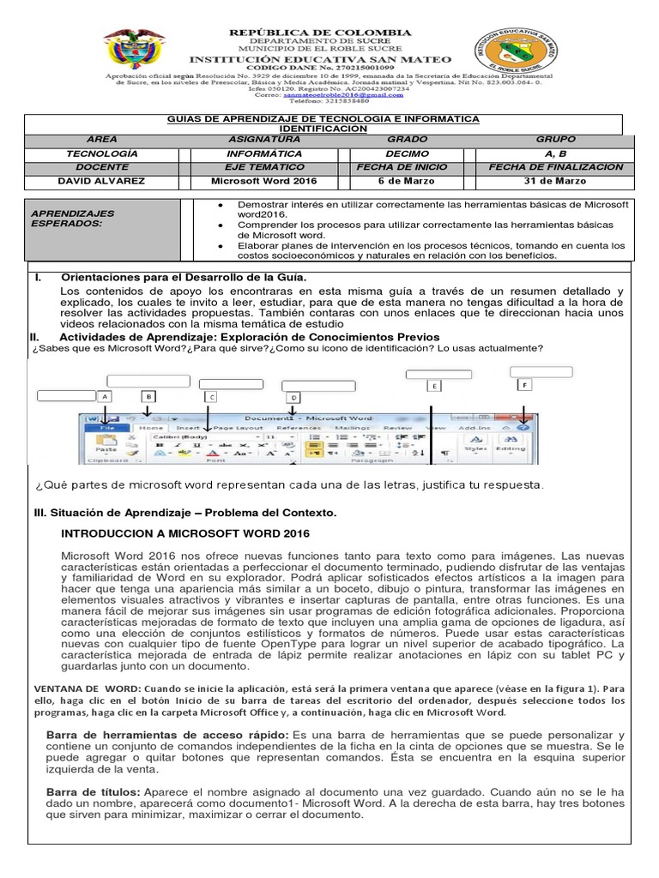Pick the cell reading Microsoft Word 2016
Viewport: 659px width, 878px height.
coord(263,181)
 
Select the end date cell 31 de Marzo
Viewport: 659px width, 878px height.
coord(555,181)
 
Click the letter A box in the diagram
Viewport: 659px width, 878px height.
coord(105,397)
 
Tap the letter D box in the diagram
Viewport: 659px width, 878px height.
coord(293,398)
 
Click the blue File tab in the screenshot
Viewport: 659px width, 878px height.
coord(108,426)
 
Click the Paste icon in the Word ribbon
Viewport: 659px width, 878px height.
coord(107,443)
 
